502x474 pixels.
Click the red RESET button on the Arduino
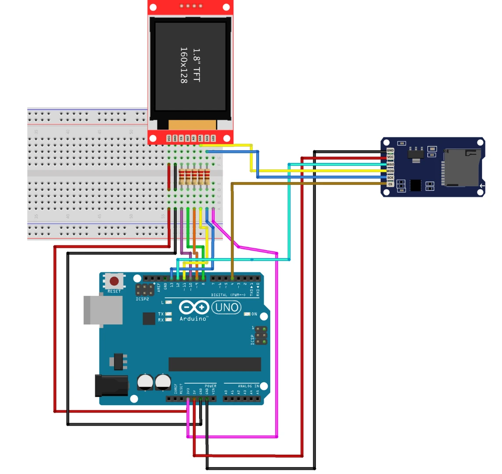[x=114, y=281]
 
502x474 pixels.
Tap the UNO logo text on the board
[x=227, y=307]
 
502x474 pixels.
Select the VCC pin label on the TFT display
[x=169, y=138]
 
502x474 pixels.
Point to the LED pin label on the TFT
[x=213, y=138]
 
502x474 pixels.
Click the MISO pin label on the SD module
[x=390, y=165]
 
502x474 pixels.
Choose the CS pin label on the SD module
[x=390, y=184]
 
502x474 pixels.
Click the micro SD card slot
[x=461, y=168]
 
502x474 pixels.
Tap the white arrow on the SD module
[x=482, y=186]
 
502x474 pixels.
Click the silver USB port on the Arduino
[x=103, y=310]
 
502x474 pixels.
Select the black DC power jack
[x=111, y=386]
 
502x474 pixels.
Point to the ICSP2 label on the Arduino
[x=142, y=299]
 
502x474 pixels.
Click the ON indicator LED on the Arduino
[x=247, y=314]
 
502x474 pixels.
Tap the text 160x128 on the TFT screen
[x=184, y=65]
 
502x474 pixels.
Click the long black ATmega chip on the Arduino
[x=215, y=364]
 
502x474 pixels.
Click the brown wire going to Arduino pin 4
[x=232, y=228]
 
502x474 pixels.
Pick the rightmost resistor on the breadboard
[x=207, y=176]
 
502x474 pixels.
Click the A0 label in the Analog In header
[x=226, y=391]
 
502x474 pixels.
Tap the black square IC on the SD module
[x=415, y=185]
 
